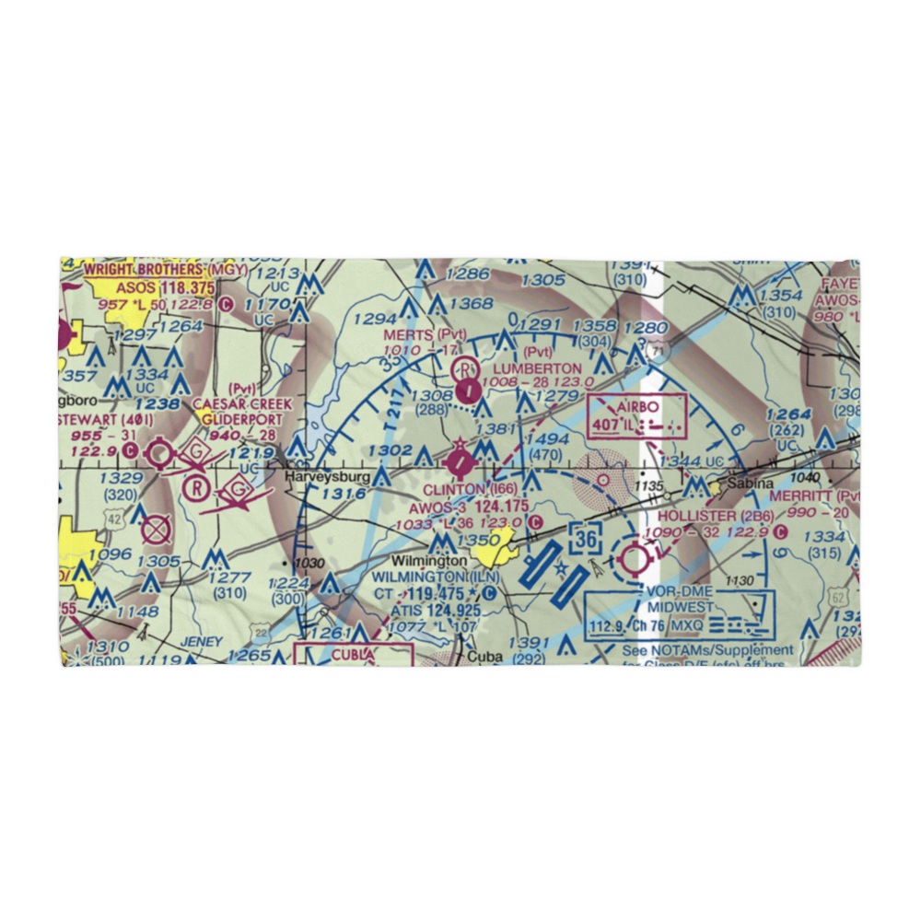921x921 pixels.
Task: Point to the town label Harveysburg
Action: (327, 477)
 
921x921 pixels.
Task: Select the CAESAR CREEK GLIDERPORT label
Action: (242, 412)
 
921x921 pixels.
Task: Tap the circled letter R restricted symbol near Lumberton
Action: (468, 369)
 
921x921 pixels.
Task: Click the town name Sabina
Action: (747, 483)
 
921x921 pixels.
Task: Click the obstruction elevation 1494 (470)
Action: (547, 447)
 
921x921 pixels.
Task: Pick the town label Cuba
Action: (484, 657)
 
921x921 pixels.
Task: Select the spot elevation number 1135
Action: (649, 485)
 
